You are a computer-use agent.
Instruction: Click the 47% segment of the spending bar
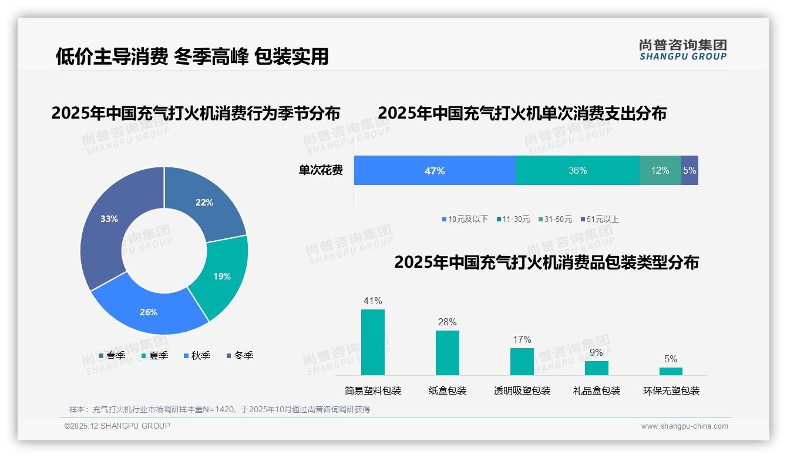[435, 171]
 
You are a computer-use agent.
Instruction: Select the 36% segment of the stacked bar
[577, 171]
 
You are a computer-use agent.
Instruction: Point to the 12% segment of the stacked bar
[660, 171]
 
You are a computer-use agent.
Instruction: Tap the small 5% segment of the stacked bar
[690, 171]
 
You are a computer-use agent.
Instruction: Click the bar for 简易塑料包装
[372, 342]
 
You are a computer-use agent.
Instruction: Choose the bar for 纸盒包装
[447, 353]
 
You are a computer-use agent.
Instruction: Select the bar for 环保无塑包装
[671, 371]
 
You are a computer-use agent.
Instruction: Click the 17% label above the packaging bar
[522, 340]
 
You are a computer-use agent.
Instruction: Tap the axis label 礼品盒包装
[596, 391]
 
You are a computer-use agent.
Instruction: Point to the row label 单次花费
[321, 171]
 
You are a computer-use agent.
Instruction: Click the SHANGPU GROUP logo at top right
[682, 49]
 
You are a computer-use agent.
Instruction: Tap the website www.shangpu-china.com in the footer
[684, 426]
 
